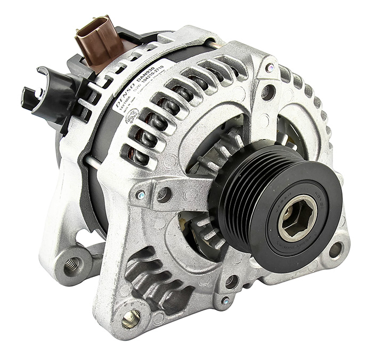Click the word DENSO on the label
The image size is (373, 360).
click(x=123, y=94)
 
